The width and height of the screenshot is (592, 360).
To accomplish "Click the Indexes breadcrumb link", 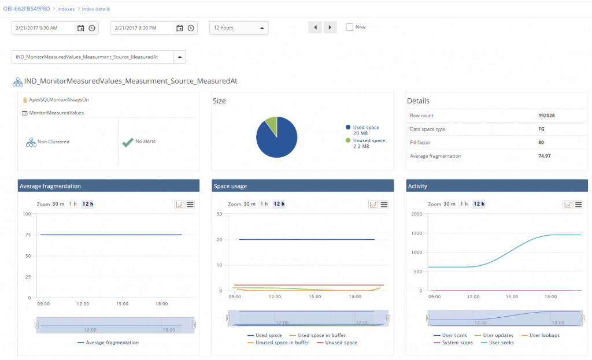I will (65, 9).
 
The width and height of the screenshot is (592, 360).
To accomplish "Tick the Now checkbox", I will (349, 27).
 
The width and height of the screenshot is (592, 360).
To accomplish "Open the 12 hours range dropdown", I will (238, 28).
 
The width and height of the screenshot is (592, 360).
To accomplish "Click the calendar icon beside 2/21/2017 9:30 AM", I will (81, 28).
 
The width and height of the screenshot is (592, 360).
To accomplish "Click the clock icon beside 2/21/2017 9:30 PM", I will (191, 28).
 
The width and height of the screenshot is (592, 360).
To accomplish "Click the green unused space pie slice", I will (271, 125).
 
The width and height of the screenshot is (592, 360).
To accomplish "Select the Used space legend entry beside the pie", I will (365, 127).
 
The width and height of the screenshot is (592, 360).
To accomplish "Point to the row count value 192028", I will (546, 116).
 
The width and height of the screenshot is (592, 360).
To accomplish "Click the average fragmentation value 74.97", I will (545, 156).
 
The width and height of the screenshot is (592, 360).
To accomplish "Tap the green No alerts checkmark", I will (128, 142).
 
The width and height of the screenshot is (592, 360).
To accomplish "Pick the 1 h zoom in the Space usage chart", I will (263, 204).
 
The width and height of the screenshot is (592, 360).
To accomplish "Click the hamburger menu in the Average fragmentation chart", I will (190, 205).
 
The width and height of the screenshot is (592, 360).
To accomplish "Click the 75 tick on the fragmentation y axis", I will (27, 235).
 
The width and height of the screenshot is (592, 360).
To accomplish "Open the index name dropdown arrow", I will (179, 57).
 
